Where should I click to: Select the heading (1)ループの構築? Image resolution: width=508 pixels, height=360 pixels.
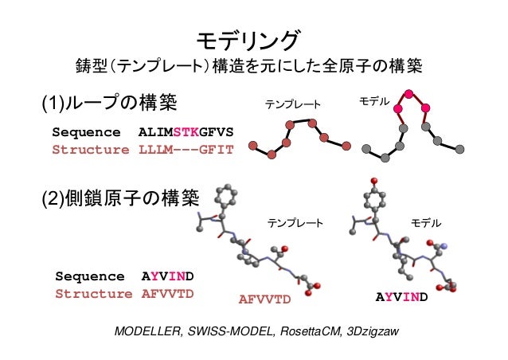(x=108, y=103)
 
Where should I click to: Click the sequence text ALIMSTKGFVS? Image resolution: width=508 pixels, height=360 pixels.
(x=186, y=131)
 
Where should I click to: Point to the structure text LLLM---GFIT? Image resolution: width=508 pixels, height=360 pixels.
(x=186, y=149)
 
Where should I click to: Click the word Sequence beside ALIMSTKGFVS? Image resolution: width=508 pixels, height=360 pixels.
(x=87, y=131)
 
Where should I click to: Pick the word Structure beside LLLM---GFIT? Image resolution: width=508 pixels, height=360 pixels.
(x=90, y=149)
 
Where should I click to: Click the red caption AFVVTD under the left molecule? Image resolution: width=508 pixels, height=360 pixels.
(x=266, y=299)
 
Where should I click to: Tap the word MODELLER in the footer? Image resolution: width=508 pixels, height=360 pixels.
(x=144, y=331)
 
